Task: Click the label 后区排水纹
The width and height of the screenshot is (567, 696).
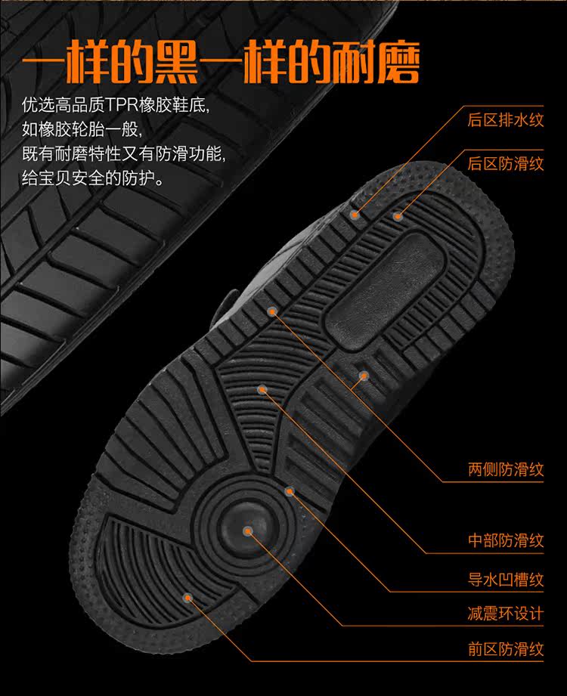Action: tap(506, 120)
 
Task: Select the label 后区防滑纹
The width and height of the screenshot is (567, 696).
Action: tap(506, 163)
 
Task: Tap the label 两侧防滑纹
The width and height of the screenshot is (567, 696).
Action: tap(506, 470)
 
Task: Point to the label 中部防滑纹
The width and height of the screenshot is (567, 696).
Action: tap(506, 540)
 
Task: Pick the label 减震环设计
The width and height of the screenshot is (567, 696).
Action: tap(506, 613)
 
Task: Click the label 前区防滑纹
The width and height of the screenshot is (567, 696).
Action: tap(506, 648)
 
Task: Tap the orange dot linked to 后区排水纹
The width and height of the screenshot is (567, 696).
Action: tap(355, 215)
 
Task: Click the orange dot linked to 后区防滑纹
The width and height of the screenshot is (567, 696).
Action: tap(398, 216)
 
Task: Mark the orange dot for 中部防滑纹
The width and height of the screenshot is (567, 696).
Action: tap(262, 389)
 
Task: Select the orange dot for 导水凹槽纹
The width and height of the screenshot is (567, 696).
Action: tap(289, 491)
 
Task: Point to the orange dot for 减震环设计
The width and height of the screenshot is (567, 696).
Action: tap(248, 531)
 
